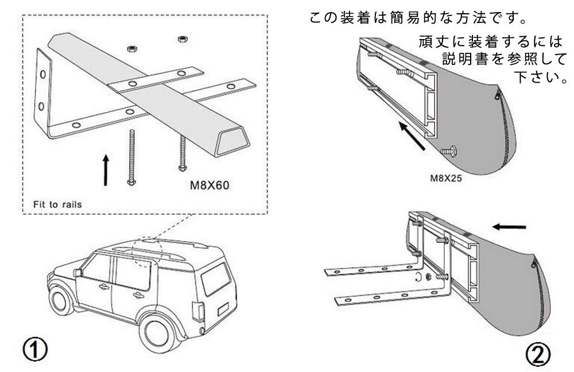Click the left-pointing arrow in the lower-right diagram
click(x=510, y=226)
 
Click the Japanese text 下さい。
click(x=540, y=77)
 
